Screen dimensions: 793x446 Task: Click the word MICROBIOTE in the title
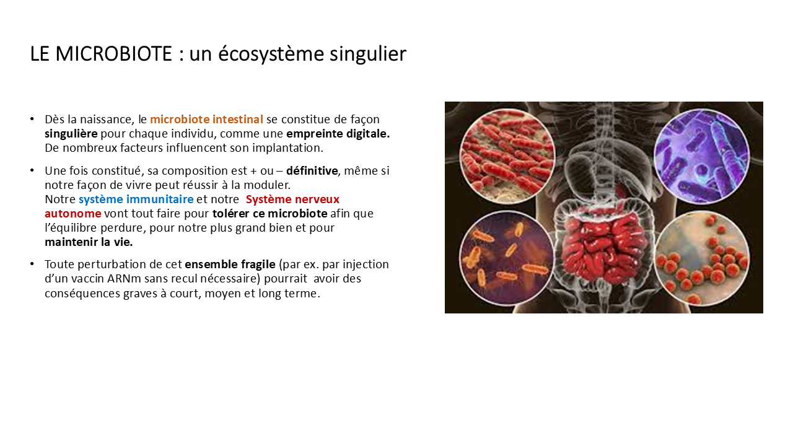[x=113, y=54]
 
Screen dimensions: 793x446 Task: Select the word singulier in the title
[x=368, y=55]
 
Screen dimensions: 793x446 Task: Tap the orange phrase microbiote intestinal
[x=206, y=120]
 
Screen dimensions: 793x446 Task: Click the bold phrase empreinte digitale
[x=338, y=134]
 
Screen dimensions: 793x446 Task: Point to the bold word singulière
[x=71, y=134]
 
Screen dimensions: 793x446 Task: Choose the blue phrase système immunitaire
[x=136, y=199]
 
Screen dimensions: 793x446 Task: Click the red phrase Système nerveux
[x=292, y=199]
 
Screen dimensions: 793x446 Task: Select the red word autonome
[x=73, y=214]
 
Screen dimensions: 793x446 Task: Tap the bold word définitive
[x=312, y=170]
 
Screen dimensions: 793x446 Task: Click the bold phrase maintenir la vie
[x=89, y=242]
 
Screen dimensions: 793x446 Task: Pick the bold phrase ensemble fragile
[x=230, y=265]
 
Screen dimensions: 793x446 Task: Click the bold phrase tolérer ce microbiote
[x=269, y=214]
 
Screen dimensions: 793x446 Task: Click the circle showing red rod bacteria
[x=507, y=156]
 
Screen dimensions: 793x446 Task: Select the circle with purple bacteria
[x=702, y=156]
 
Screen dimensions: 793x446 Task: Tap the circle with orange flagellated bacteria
[x=507, y=258]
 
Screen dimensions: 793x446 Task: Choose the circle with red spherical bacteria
[x=702, y=258]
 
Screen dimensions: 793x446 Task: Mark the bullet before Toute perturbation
[x=32, y=264]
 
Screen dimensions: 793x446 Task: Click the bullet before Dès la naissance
[x=32, y=119]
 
